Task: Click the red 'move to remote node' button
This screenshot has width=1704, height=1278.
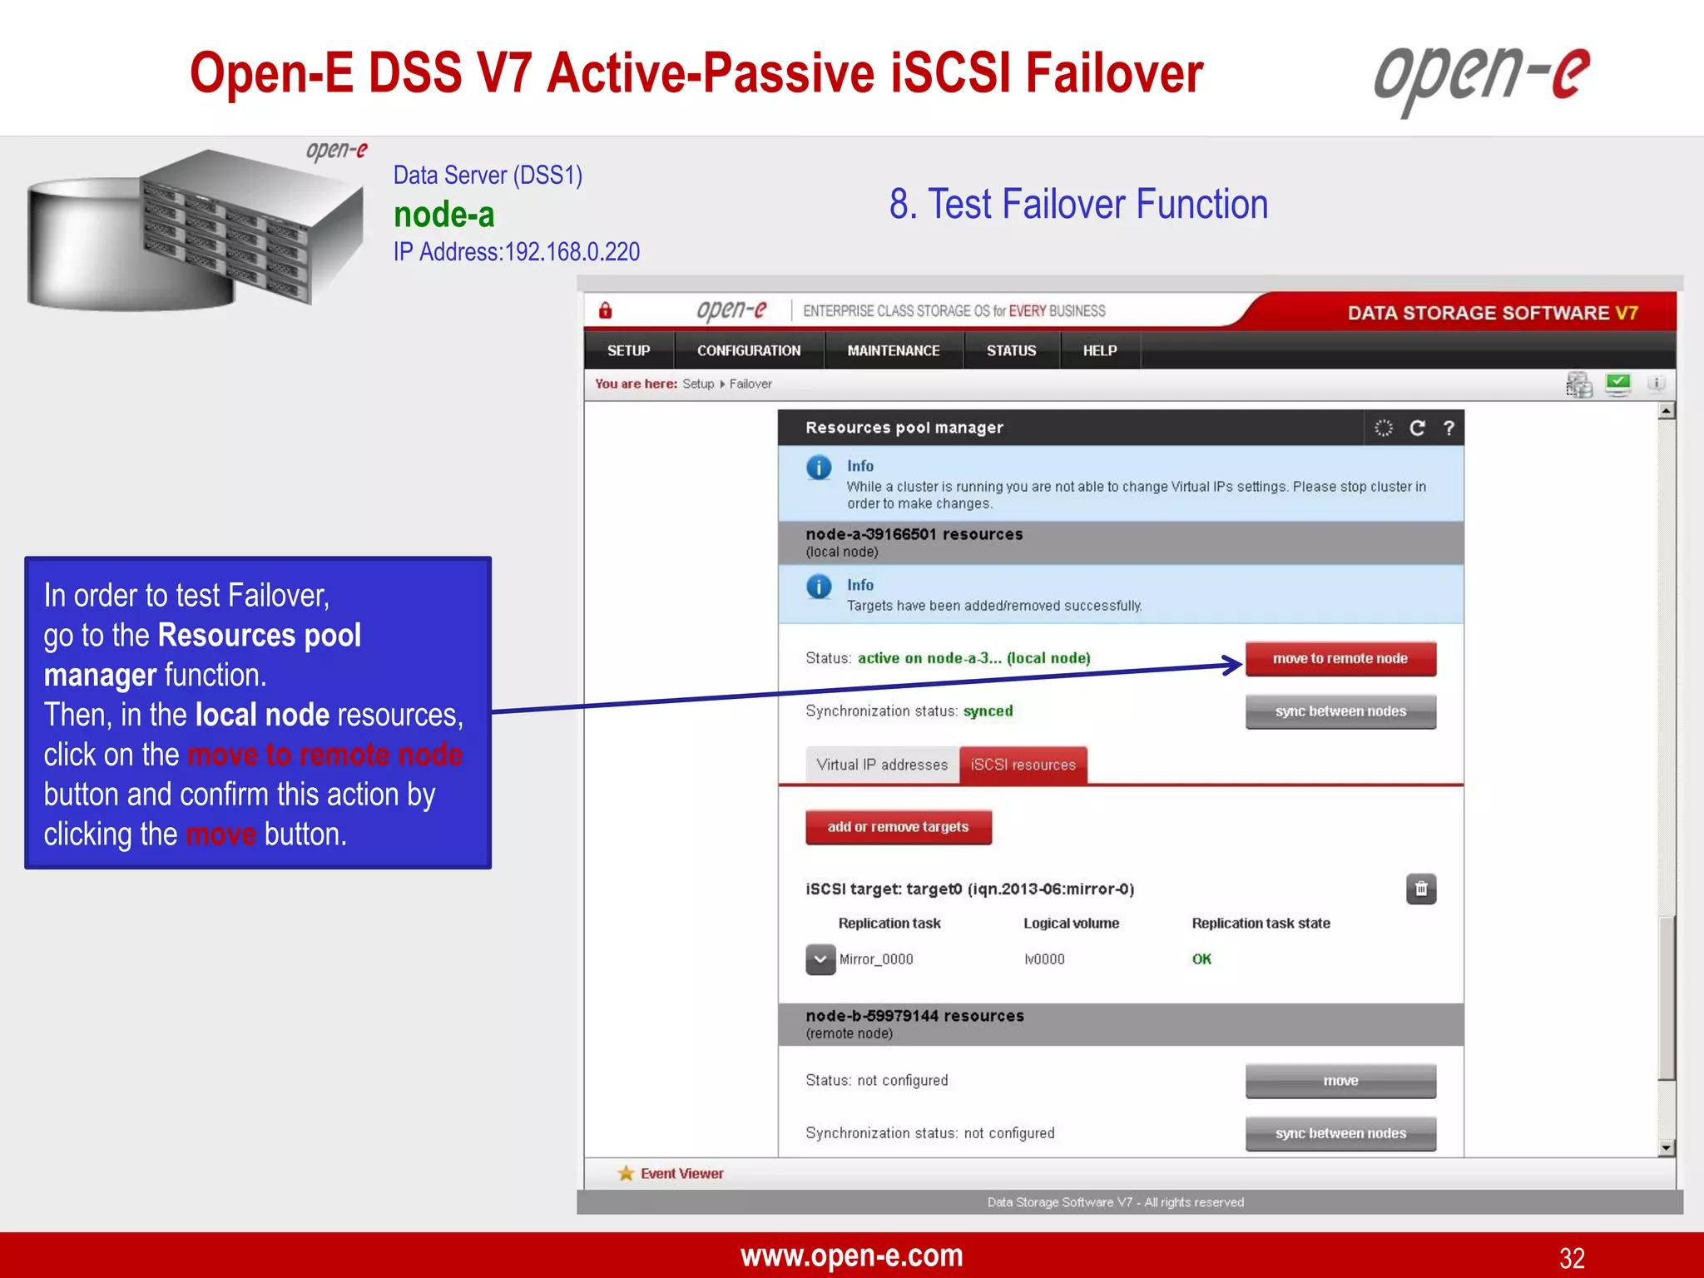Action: point(1340,658)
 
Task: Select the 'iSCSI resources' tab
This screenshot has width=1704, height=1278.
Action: point(1023,765)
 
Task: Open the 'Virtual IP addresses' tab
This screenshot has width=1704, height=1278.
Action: point(882,765)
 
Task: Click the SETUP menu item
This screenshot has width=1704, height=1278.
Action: point(628,350)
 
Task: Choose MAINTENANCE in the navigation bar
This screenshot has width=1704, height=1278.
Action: point(893,350)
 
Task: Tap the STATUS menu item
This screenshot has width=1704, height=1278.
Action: point(1011,350)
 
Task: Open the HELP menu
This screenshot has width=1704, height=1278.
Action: point(1099,350)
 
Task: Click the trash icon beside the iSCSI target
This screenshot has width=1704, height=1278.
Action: point(1421,889)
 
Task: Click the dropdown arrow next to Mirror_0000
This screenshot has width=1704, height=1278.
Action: point(820,959)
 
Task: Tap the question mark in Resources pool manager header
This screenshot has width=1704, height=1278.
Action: point(1449,428)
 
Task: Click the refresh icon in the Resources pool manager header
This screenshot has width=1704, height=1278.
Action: point(1417,428)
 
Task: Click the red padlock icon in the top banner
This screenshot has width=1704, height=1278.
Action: point(606,311)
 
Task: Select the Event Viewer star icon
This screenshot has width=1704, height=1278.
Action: point(626,1173)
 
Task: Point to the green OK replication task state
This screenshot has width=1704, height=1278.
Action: point(1201,959)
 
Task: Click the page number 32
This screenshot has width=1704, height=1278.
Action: point(1572,1257)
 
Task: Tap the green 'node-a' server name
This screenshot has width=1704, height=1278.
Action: point(443,215)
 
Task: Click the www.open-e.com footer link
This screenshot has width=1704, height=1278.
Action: point(851,1256)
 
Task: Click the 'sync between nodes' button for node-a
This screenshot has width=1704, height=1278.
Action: point(1340,711)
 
